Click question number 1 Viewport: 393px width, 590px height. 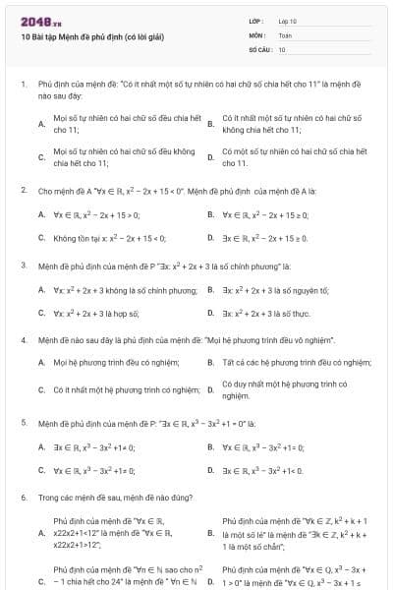(x=23, y=86)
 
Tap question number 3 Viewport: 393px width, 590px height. (x=23, y=265)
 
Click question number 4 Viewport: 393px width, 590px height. (x=23, y=340)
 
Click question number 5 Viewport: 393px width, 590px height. (x=23, y=423)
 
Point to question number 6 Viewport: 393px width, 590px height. (x=23, y=499)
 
